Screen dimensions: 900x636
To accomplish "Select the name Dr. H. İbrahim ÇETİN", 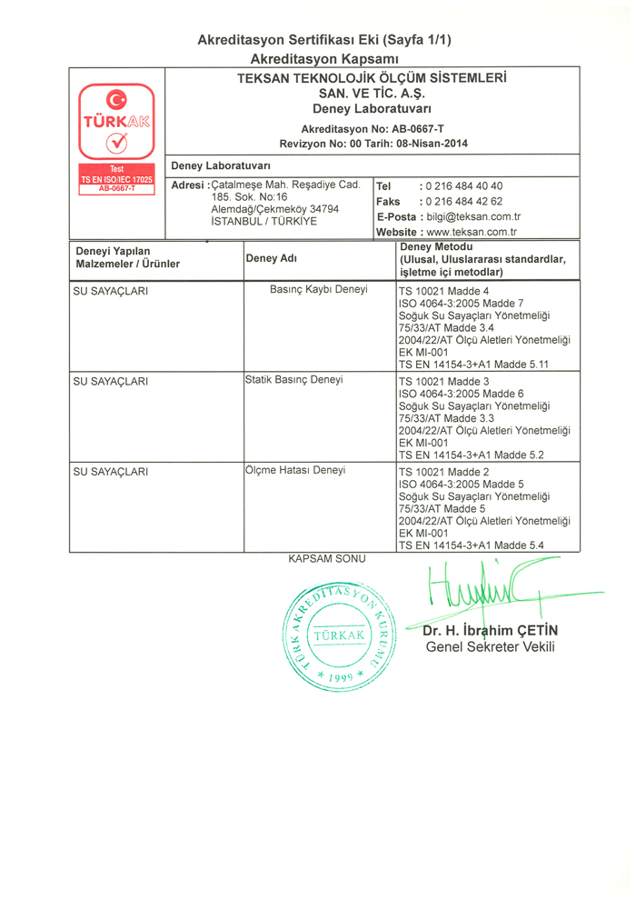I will point(491,631).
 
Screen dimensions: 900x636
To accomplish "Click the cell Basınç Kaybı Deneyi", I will point(318,290).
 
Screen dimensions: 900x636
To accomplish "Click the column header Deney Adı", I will point(272,258).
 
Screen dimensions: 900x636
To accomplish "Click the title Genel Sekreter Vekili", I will point(490,647).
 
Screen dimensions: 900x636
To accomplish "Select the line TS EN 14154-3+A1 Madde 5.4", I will point(471,545).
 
